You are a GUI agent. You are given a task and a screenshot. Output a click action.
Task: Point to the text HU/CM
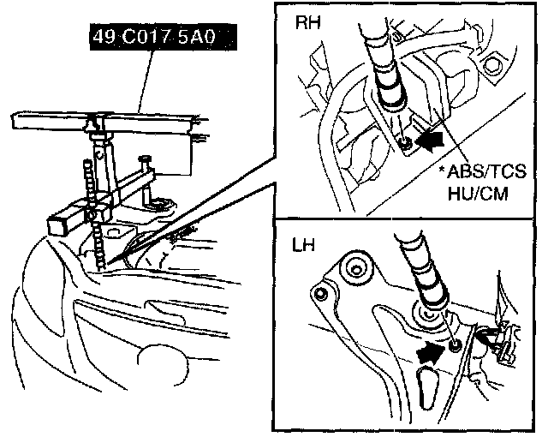pos(479,195)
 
